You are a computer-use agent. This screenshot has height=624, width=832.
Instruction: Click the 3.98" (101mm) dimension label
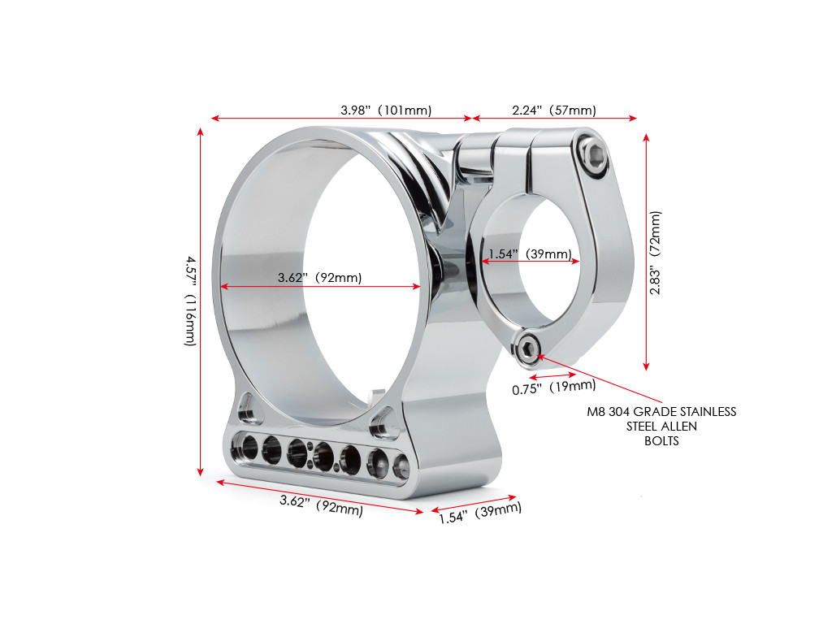tap(385, 110)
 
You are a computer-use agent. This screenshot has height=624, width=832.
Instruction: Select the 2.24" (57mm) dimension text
tap(554, 110)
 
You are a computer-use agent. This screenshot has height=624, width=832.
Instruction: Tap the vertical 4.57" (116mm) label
tap(189, 301)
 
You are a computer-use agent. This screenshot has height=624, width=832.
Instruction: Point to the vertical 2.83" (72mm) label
tap(655, 253)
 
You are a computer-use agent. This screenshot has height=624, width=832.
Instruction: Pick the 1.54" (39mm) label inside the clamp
tap(530, 253)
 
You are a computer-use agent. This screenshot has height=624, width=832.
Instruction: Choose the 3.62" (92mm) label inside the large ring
tap(319, 277)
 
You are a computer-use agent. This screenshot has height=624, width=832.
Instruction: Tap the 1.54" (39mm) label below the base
tap(480, 513)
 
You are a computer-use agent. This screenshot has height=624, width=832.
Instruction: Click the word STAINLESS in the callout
tap(706, 412)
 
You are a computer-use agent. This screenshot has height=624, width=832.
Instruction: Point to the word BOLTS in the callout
tap(661, 441)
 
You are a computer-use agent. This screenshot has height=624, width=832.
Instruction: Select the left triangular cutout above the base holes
tap(247, 408)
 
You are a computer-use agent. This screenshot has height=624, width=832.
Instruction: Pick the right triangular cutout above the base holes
tap(379, 422)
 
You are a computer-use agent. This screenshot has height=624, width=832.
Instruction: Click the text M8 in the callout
tap(597, 412)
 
